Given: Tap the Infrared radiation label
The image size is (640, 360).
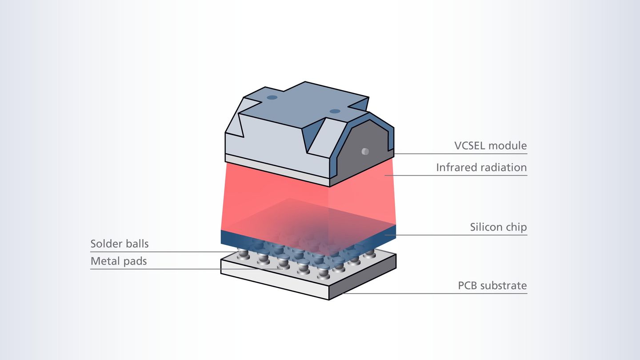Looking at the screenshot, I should pos(481,168).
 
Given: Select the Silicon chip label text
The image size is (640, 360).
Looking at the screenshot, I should pos(498,227).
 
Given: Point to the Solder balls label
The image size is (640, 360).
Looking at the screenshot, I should pos(120,244).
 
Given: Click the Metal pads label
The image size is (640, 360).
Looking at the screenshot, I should pos(119,261).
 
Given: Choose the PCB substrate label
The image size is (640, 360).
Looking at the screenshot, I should pos(492,285).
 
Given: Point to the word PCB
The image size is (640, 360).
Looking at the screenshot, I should pos(468,285).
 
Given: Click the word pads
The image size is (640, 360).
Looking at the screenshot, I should pos(134,261).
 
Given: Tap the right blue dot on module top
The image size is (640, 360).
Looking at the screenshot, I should pos(335,111).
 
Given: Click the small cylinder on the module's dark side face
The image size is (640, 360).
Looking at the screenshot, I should pos(365,152).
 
